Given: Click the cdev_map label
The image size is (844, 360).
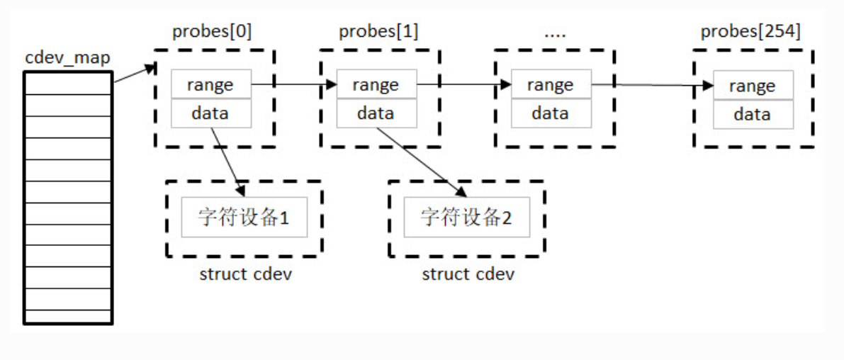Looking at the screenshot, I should click(x=68, y=57).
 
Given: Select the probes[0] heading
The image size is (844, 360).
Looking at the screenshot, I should click(x=212, y=32).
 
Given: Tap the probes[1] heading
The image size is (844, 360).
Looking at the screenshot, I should click(x=378, y=32).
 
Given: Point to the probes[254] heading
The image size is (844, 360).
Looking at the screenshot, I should click(x=750, y=32).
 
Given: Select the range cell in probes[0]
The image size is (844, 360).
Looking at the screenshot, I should click(x=210, y=85).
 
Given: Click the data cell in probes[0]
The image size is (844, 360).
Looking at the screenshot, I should click(x=210, y=113).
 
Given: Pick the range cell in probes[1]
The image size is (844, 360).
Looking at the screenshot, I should click(x=376, y=85).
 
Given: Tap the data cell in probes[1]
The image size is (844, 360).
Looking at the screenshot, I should click(x=376, y=113).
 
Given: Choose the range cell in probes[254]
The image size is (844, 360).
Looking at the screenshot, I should click(x=752, y=86).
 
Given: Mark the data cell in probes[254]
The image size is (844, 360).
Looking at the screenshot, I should click(x=752, y=114).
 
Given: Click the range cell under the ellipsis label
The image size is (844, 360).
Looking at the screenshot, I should click(x=550, y=85).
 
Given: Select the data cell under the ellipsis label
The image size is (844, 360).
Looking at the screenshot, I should click(x=550, y=113).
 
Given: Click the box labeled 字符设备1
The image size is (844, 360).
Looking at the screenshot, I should click(x=244, y=217).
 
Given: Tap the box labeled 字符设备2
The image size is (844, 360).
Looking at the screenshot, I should click(x=466, y=217).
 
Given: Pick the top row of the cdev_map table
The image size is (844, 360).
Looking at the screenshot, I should click(x=68, y=83).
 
